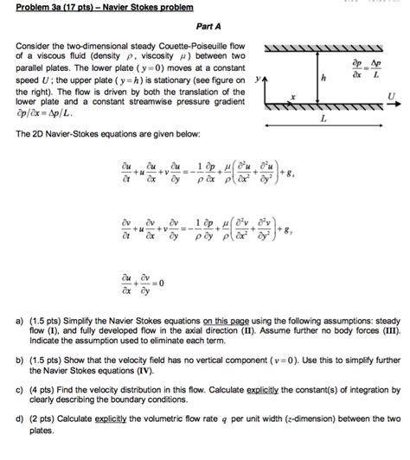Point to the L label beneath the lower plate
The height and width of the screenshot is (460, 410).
point(324,120)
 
